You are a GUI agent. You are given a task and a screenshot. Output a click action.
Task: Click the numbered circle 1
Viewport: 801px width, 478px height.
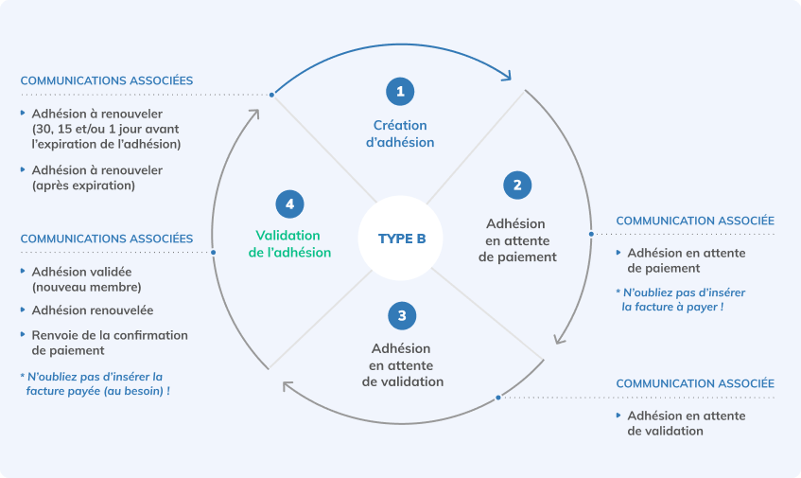click(x=400, y=91)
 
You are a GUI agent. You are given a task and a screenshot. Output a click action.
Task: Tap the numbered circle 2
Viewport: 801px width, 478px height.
click(x=516, y=185)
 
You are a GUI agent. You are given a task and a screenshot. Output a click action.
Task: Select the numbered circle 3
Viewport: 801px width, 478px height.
click(x=402, y=315)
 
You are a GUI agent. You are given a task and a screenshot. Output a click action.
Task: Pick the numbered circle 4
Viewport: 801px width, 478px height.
click(x=288, y=203)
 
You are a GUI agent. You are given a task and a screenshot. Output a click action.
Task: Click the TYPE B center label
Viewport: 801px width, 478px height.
click(x=402, y=239)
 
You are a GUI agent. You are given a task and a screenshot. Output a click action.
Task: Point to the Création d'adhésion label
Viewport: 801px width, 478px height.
click(x=400, y=133)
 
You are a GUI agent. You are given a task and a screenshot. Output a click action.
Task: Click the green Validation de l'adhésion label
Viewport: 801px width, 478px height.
click(x=288, y=244)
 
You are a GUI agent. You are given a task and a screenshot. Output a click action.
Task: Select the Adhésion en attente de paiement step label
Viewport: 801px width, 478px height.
click(x=516, y=239)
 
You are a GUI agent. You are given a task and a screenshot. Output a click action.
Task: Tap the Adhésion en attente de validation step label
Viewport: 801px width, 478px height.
click(x=402, y=365)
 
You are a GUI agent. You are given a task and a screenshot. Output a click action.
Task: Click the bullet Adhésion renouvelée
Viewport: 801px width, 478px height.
click(x=92, y=310)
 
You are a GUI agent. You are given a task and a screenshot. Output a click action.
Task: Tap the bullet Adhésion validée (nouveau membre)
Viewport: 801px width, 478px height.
click(x=87, y=278)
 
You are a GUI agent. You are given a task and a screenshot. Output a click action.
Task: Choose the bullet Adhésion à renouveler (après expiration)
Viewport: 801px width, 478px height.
click(x=96, y=177)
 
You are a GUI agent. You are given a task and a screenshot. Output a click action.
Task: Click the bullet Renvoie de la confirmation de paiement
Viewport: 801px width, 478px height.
click(x=109, y=343)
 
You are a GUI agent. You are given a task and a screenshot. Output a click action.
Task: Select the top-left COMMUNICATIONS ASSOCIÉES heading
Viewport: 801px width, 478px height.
click(x=107, y=80)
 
